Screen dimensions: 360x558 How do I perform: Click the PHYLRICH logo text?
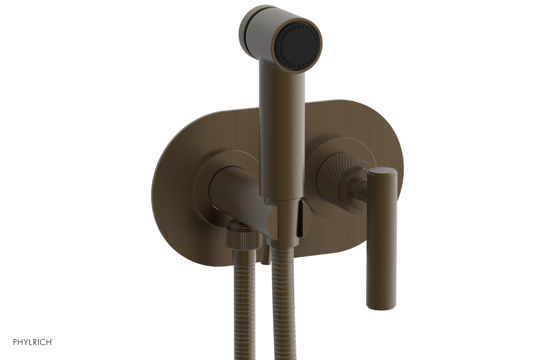[x=33, y=342]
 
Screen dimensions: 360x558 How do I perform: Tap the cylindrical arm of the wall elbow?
[x=237, y=195]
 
